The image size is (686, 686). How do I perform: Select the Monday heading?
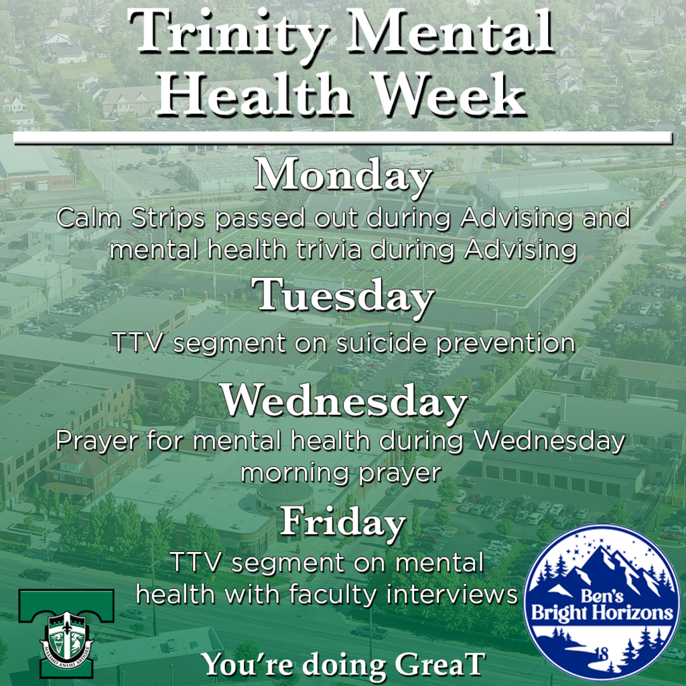342,176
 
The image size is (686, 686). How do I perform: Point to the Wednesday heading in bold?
342,402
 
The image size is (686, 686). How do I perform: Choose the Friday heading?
342,521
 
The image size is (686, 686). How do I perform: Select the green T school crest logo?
66,623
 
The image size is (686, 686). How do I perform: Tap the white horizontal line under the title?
342,137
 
